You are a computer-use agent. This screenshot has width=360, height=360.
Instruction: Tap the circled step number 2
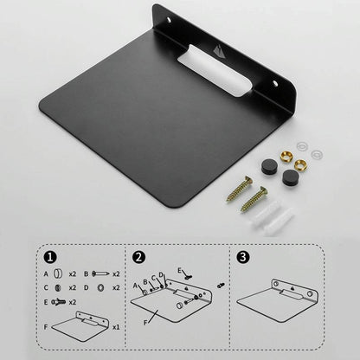click(138, 257)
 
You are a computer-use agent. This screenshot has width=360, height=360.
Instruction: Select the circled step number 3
click(244, 257)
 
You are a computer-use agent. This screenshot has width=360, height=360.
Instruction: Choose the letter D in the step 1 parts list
click(86, 286)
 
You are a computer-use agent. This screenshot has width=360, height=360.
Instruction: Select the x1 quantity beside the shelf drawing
click(116, 328)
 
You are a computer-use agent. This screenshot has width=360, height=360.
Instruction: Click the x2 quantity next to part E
click(72, 301)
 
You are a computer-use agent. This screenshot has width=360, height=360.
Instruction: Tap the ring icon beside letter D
click(100, 286)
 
